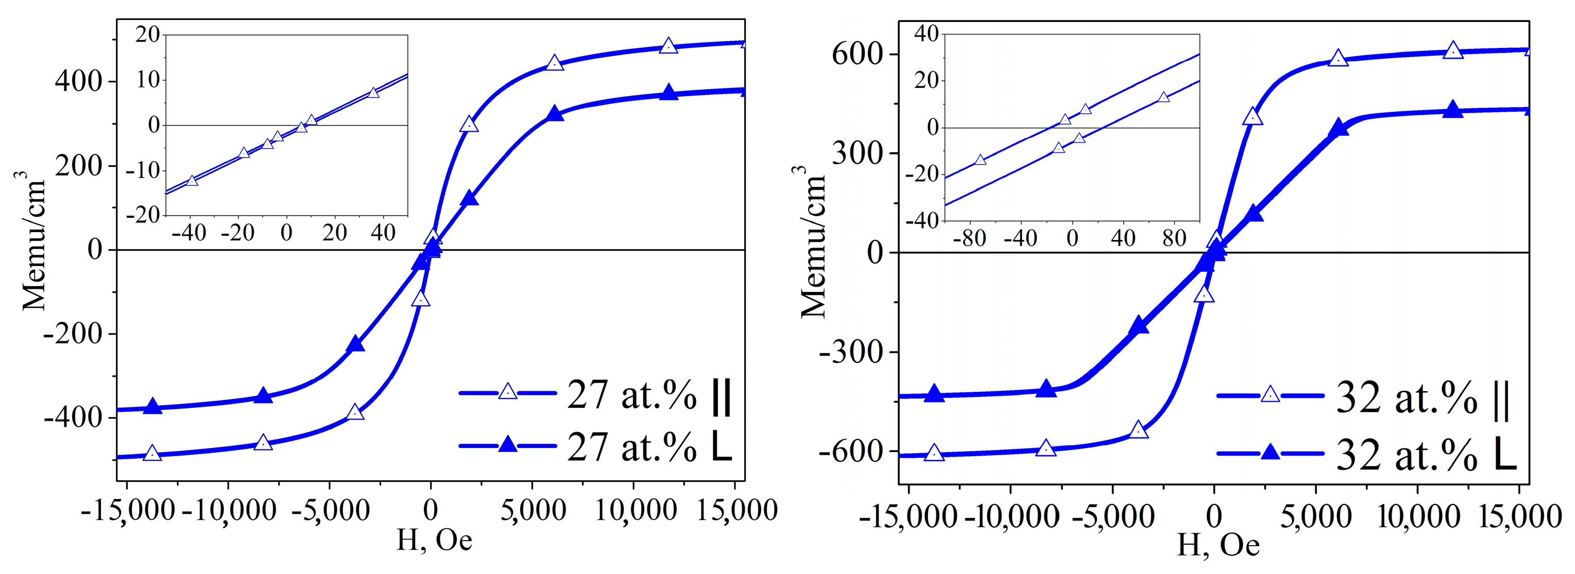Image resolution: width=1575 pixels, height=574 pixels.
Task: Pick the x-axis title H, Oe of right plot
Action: [1218, 544]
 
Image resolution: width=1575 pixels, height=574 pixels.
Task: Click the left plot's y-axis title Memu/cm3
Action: [33, 241]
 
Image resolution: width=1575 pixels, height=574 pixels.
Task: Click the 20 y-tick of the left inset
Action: [147, 35]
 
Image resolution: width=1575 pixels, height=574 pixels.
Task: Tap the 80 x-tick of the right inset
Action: [1174, 238]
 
